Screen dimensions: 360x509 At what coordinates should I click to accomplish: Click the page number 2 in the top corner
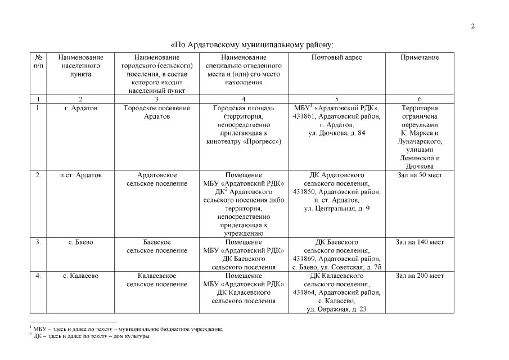(473, 26)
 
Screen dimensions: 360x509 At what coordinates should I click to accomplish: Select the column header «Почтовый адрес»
(336, 57)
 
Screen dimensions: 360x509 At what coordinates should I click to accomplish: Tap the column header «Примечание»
(420, 57)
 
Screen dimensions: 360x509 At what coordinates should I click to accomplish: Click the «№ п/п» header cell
(39, 61)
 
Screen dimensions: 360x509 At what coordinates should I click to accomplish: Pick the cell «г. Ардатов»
(81, 108)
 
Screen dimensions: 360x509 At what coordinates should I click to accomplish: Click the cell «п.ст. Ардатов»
(81, 175)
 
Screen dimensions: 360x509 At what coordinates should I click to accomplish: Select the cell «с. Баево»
(81, 242)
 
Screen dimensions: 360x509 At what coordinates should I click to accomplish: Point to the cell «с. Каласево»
(81, 276)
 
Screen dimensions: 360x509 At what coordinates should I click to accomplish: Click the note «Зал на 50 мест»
(420, 175)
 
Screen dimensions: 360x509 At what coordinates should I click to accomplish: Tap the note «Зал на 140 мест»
(420, 242)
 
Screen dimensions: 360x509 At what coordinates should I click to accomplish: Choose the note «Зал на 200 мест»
(420, 276)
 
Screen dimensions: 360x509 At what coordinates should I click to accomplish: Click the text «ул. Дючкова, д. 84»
(336, 133)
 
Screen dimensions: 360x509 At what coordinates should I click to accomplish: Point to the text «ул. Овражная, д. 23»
(336, 309)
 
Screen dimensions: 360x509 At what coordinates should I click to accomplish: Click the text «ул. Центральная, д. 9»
(336, 209)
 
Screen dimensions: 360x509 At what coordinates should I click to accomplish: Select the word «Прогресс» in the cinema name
(263, 142)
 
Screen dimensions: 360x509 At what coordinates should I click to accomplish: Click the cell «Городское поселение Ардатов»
(157, 112)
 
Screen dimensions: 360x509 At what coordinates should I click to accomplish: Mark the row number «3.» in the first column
(39, 242)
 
